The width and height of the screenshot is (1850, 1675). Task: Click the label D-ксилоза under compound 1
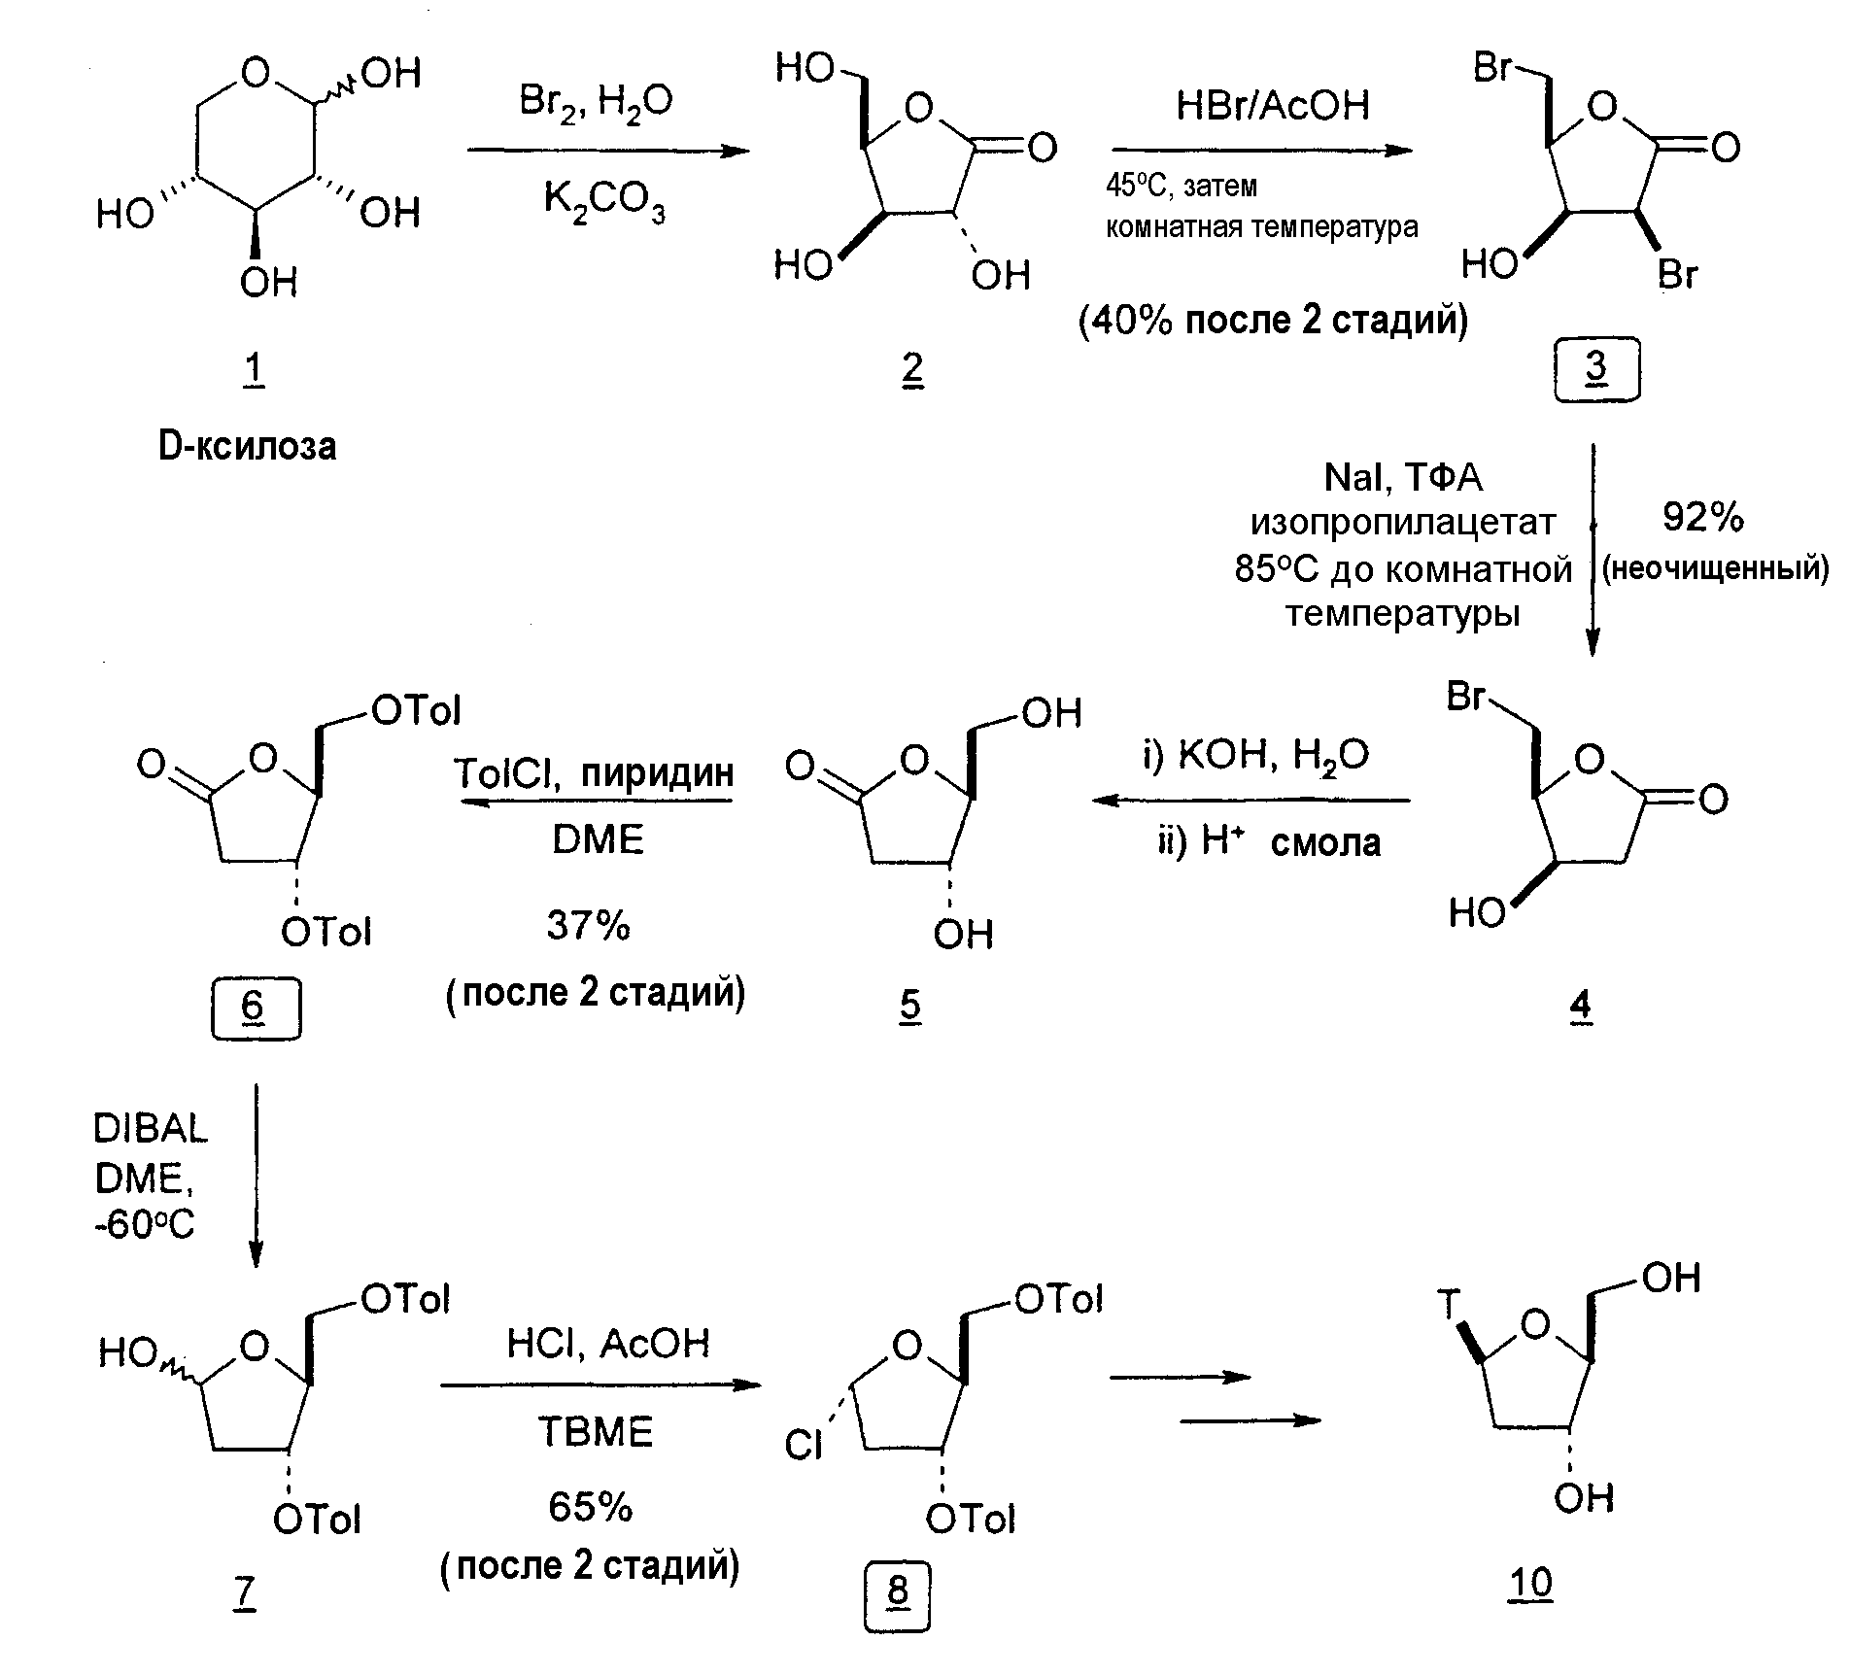pos(248,446)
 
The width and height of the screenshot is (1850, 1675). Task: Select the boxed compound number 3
pos(1596,369)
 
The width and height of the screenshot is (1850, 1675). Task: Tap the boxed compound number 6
pos(255,1008)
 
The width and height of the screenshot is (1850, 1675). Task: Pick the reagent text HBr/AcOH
pos(1273,104)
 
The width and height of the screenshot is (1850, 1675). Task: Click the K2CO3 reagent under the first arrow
pos(604,202)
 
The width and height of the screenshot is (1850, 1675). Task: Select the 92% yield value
pos(1703,518)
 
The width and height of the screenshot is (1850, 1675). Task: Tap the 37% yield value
pos(589,925)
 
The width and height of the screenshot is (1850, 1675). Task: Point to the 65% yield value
pos(590,1507)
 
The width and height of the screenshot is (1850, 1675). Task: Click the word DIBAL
pos(151,1129)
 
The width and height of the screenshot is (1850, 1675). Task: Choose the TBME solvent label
pos(596,1432)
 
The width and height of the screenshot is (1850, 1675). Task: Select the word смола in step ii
pos(1325,842)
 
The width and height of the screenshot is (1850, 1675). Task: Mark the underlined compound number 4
pos(1581,1007)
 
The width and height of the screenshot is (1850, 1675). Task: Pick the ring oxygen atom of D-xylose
pos(255,72)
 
